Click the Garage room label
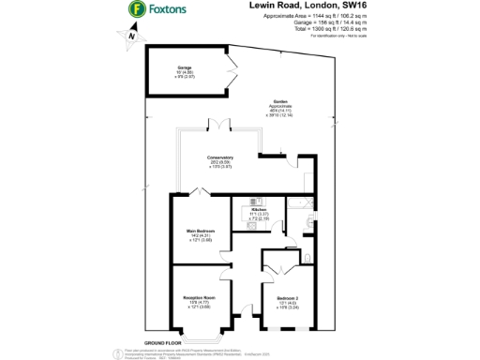185,67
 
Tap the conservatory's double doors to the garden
218,124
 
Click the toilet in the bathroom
307,222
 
